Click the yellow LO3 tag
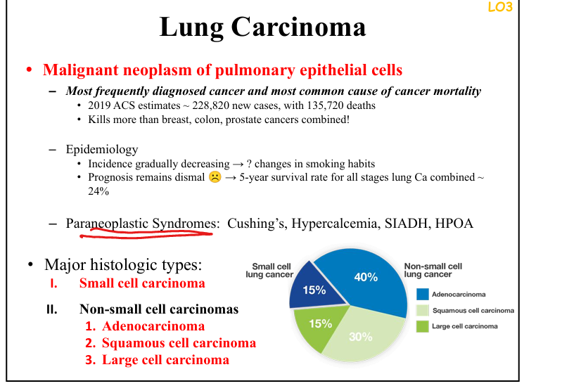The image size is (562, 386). pos(500,7)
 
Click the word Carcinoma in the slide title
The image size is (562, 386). pos(298,27)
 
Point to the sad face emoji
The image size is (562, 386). pos(215,177)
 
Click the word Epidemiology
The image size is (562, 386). pos(102,150)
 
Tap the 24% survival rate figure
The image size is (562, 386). pos(98,191)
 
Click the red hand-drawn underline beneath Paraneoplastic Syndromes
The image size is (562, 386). pos(146,234)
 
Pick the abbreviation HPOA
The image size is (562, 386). pos(454,224)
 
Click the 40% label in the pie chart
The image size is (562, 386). pos(366,277)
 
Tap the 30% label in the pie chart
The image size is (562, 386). pos(361,337)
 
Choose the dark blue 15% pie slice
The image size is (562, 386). pos(315,288)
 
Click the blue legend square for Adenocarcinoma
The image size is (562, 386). pos(423,295)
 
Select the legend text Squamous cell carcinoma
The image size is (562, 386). pos(473,310)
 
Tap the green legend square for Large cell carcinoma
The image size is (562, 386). pos(423,326)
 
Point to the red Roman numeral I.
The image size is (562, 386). pos(53,283)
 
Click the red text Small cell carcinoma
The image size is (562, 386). pos(142,283)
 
